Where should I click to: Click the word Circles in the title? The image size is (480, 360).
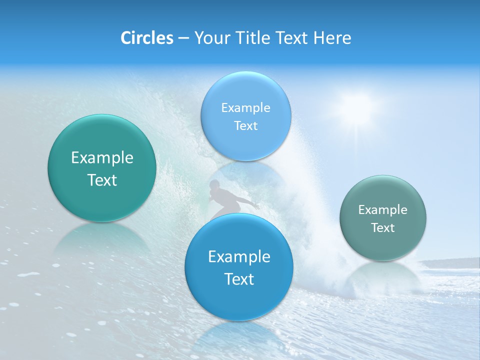pyautogui.click(x=146, y=38)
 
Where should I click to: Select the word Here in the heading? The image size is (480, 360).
pyautogui.click(x=332, y=38)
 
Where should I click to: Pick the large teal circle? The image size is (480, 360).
pyautogui.click(x=102, y=168)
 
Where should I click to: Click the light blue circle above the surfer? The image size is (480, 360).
pyautogui.click(x=245, y=116)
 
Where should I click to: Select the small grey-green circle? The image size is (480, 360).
pyautogui.click(x=383, y=217)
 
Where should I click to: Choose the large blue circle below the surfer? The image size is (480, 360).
pyautogui.click(x=239, y=267)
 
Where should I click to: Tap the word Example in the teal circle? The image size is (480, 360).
pyautogui.click(x=102, y=158)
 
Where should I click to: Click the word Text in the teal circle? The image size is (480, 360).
pyautogui.click(x=102, y=180)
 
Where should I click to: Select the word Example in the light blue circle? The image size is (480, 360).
pyautogui.click(x=245, y=107)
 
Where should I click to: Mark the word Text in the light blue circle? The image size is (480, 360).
pyautogui.click(x=245, y=125)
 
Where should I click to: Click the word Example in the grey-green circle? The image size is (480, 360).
pyautogui.click(x=383, y=209)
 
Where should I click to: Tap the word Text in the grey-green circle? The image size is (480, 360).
pyautogui.click(x=383, y=227)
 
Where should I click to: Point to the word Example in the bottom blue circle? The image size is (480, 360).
pyautogui.click(x=239, y=256)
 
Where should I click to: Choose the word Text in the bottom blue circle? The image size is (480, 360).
pyautogui.click(x=239, y=278)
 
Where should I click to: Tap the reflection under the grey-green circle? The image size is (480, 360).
pyautogui.click(x=383, y=277)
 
